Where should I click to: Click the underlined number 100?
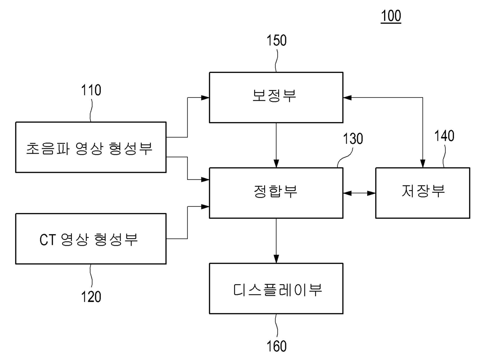click(391, 16)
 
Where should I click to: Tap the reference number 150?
click(276, 41)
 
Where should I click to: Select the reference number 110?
click(91, 90)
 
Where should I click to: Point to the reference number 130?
click(353, 139)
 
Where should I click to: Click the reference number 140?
click(444, 136)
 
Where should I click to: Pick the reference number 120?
click(91, 296)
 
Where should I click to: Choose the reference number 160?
click(276, 346)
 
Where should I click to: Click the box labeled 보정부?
click(276, 98)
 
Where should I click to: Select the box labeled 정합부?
click(276, 193)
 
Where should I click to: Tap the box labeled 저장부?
click(422, 193)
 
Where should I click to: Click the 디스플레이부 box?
click(276, 289)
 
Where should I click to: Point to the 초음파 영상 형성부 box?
click(91, 147)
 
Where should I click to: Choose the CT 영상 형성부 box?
click(91, 239)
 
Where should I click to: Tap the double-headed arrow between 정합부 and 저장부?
click(359, 193)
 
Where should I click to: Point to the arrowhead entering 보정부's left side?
click(205, 98)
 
